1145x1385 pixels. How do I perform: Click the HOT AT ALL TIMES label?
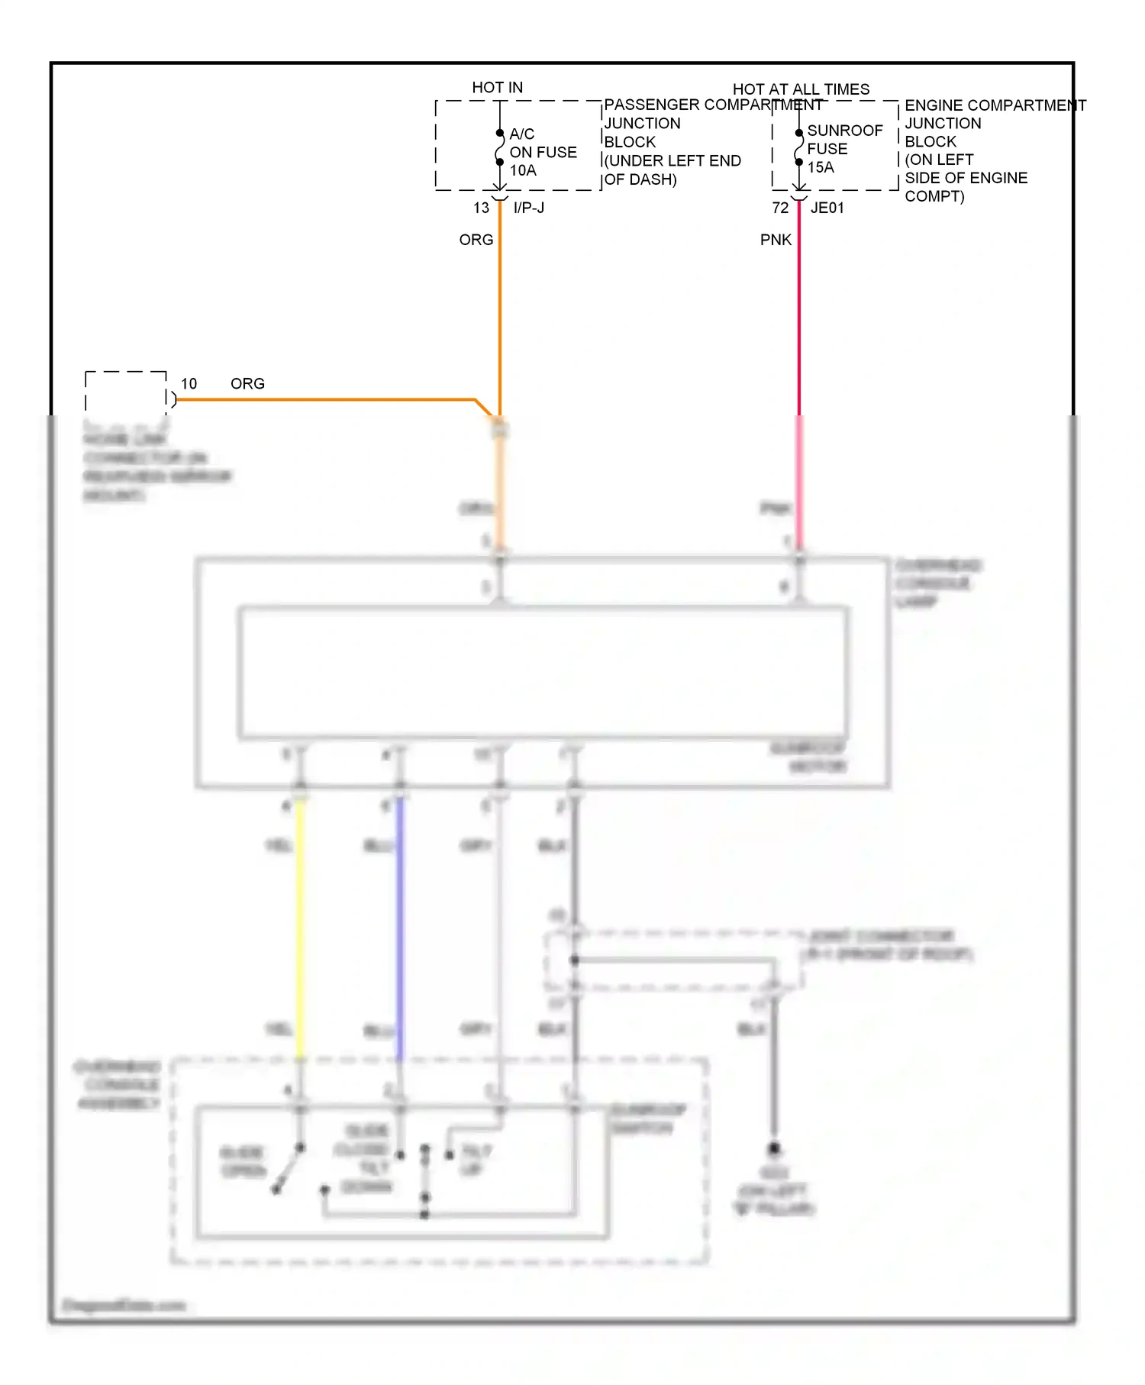click(801, 89)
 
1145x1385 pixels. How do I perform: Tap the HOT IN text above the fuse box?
click(497, 88)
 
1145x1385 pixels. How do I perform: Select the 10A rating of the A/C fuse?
click(523, 170)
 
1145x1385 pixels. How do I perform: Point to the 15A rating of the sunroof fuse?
click(821, 167)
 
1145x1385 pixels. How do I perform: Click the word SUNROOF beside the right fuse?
click(844, 131)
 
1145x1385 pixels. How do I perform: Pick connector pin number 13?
click(481, 208)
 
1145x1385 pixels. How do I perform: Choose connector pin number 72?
click(780, 208)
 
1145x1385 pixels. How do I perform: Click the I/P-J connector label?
click(529, 208)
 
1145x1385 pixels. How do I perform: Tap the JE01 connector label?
click(827, 208)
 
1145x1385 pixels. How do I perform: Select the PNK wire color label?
click(776, 240)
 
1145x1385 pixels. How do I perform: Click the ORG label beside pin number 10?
click(247, 383)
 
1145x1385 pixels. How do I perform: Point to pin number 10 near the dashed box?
click(189, 383)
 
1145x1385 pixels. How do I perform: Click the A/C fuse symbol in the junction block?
click(500, 147)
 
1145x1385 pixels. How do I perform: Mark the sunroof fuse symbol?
click(799, 147)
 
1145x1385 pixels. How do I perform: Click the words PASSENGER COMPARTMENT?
click(713, 105)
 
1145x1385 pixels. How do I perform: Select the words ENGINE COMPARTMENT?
click(995, 105)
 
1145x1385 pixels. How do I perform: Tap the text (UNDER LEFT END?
click(672, 161)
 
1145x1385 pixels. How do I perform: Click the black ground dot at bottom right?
click(774, 1148)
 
